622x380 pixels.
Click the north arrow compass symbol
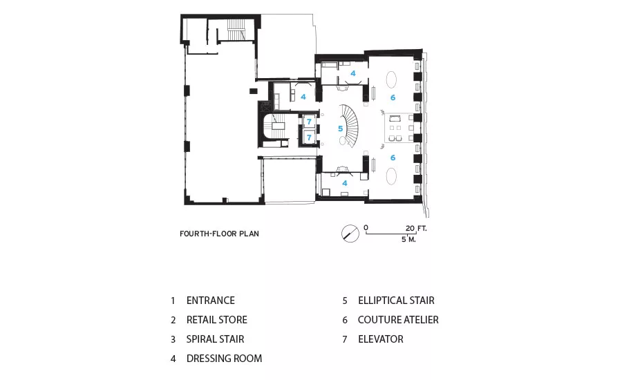pos(350,234)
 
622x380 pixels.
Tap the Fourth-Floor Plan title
pos(219,234)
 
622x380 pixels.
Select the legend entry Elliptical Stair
pos(396,301)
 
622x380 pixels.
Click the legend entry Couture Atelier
pos(398,320)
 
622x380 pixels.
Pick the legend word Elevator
pos(380,339)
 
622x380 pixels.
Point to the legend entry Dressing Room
pos(224,359)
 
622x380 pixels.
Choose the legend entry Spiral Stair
pos(216,339)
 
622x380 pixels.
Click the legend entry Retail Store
pos(216,320)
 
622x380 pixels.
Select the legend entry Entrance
pos(211,301)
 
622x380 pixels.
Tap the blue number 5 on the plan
pos(340,129)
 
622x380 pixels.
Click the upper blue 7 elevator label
pos(309,122)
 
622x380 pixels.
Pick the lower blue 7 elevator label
pos(309,137)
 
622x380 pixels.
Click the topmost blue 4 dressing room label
pos(353,73)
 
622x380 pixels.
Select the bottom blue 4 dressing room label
pos(345,183)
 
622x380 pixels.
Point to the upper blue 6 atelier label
pos(393,97)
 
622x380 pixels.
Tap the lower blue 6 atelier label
pos(393,158)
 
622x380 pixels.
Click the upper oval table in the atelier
pos(392,79)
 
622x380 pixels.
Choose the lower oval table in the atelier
pos(392,176)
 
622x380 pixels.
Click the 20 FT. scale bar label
pos(416,228)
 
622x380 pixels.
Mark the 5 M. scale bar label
pos(408,239)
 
